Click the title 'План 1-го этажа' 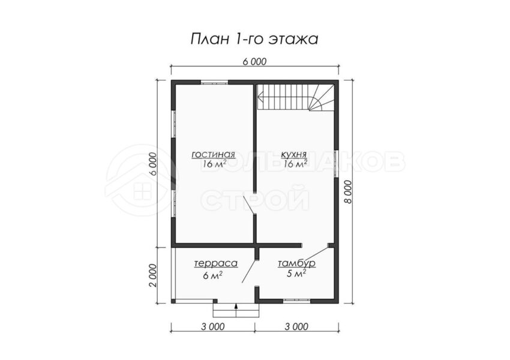[x=254, y=38]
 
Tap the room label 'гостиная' [x=214, y=154]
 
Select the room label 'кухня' [x=294, y=154]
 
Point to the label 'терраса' [x=215, y=263]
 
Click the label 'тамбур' [x=296, y=263]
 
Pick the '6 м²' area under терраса [x=213, y=275]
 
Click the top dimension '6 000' [x=254, y=61]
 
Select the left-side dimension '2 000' [x=154, y=275]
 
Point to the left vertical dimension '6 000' [x=154, y=164]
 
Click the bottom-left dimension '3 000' [x=213, y=326]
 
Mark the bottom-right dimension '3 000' [x=296, y=326]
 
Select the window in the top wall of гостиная [x=214, y=82]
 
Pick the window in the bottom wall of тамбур [x=296, y=301]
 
